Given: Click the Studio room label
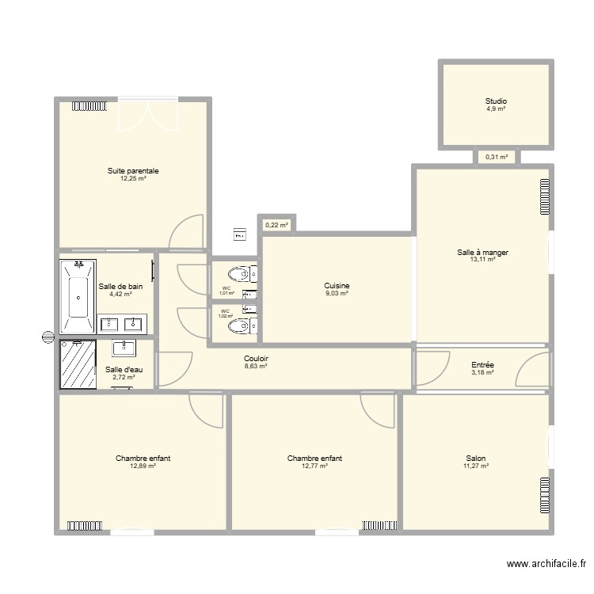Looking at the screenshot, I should click(x=496, y=101).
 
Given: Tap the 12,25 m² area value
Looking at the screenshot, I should click(x=133, y=179).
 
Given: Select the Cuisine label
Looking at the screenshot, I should click(x=337, y=286).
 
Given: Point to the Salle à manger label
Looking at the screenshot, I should click(x=482, y=253).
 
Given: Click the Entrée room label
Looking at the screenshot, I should click(x=482, y=365).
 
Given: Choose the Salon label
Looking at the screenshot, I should click(x=476, y=458).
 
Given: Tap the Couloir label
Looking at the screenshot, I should click(x=256, y=359).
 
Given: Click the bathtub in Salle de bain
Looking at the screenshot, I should click(x=78, y=295).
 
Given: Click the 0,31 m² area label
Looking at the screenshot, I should click(x=497, y=157).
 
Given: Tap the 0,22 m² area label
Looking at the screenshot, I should click(x=276, y=225).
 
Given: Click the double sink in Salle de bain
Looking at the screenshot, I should click(x=122, y=323).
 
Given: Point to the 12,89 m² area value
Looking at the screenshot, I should click(x=143, y=466).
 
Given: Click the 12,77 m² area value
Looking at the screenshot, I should click(x=314, y=466).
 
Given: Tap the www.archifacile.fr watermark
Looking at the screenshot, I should click(x=546, y=565).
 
